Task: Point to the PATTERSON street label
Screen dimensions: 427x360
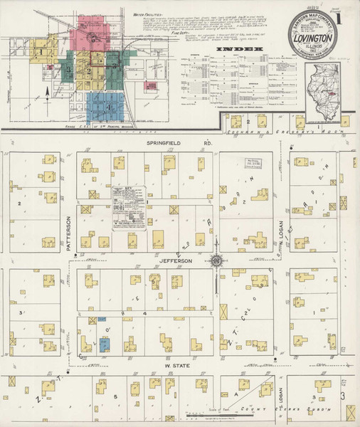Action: (x=68, y=233)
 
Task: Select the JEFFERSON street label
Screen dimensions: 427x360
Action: (x=175, y=261)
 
